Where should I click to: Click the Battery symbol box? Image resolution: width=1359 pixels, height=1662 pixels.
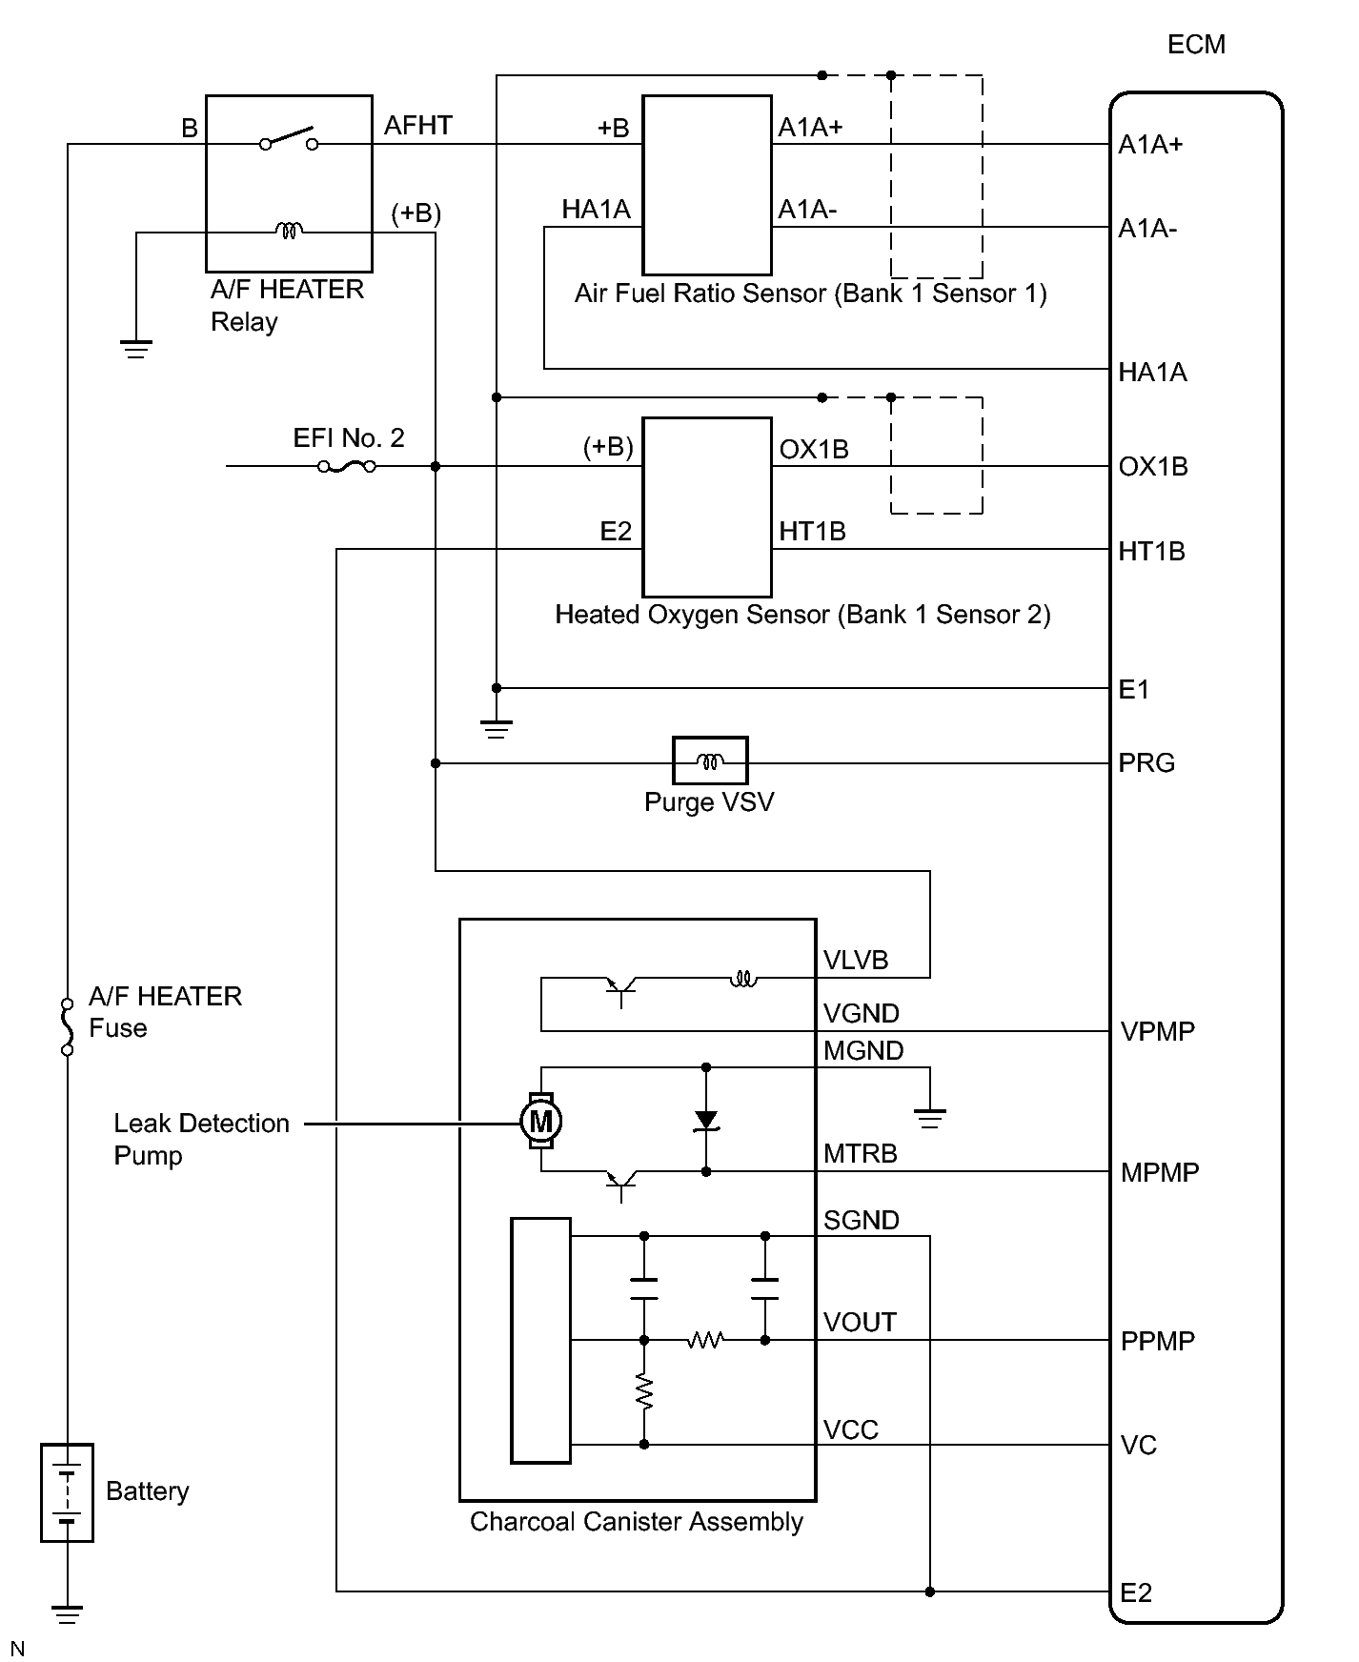point(67,1492)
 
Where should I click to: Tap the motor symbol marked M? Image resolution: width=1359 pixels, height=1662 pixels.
point(540,1121)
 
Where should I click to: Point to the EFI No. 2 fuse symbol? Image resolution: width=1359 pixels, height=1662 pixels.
point(347,466)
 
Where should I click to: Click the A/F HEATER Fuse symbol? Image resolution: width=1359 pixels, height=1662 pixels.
point(67,1026)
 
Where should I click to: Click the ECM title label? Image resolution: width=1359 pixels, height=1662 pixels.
point(1196,45)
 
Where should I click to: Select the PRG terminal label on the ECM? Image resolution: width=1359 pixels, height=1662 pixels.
point(1146,763)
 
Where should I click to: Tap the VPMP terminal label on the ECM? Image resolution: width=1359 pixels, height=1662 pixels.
point(1158,1032)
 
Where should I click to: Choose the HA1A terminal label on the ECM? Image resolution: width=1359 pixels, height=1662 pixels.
point(1153,373)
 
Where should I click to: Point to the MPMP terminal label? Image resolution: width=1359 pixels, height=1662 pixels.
point(1160,1173)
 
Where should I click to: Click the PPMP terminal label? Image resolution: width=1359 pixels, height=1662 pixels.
point(1158,1342)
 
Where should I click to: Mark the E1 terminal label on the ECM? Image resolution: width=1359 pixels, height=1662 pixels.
point(1134,690)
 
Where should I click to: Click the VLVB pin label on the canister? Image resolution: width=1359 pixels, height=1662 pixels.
point(856,961)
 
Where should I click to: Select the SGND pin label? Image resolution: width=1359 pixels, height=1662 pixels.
point(862,1221)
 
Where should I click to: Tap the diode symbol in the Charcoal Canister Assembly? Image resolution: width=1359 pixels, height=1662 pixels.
point(706,1121)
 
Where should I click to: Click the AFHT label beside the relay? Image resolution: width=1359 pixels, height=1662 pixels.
point(418,126)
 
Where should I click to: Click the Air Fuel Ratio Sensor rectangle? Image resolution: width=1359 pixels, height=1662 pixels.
point(707,185)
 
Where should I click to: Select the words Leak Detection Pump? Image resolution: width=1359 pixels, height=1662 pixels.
point(201,1140)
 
